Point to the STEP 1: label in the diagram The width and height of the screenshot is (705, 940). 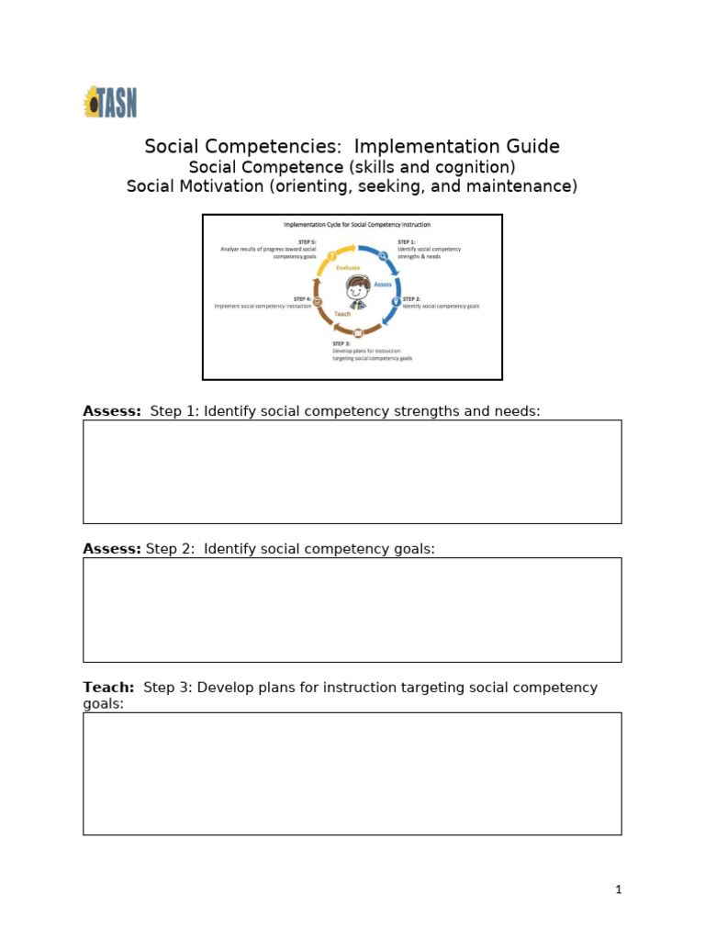coord(407,241)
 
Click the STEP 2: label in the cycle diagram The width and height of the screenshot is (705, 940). coord(411,298)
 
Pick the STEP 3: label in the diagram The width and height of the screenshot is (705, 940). coord(341,343)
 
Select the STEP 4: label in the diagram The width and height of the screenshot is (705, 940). coord(302,298)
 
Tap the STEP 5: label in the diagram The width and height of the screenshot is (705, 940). coord(307,241)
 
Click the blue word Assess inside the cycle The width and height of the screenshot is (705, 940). coord(382,285)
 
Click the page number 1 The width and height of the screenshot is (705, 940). coord(619,889)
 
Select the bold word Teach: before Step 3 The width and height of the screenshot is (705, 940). coord(108,687)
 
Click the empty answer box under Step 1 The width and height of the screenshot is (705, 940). coord(352,472)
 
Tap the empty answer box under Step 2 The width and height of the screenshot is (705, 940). coord(352,610)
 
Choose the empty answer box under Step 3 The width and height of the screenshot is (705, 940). coord(352,773)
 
